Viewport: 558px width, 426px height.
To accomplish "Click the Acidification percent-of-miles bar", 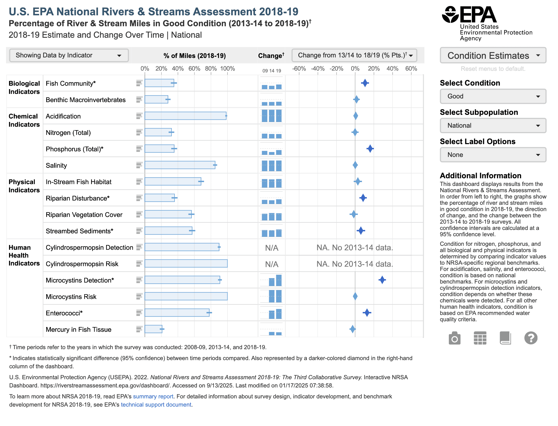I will click(185, 116).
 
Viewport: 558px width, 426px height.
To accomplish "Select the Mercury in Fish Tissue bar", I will click(153, 329).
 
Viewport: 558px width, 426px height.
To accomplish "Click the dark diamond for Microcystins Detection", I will click(382, 280).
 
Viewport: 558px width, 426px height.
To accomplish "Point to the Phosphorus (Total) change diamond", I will click(370, 149).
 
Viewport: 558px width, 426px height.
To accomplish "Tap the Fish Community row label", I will click(71, 83).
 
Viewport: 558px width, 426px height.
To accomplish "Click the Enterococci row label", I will click(64, 313).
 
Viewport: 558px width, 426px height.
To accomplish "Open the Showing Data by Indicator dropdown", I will click(69, 56).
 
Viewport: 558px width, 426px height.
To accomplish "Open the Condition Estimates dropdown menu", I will click(493, 56).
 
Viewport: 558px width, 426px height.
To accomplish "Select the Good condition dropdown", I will click(493, 96).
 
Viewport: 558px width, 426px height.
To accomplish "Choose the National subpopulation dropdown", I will click(493, 126).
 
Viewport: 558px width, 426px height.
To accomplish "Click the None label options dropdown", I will click(493, 155).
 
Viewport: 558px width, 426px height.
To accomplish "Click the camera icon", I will click(455, 339).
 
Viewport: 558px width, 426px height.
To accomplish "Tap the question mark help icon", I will click(531, 338).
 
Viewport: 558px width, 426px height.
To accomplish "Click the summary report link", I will click(153, 396).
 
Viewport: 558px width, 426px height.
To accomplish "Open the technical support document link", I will click(156, 405).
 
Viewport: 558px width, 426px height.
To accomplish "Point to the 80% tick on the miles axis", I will click(211, 69).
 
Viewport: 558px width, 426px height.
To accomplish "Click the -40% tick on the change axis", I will click(318, 69).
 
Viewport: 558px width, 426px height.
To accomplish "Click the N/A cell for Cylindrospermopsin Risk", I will click(272, 264).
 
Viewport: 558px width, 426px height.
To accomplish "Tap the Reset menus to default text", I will click(493, 69).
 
